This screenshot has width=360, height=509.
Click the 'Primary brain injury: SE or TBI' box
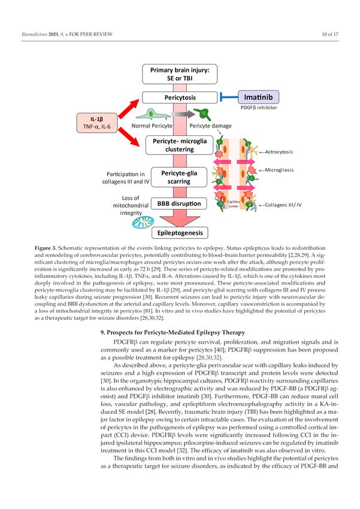coord(180,74)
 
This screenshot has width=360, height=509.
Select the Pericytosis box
coord(180,98)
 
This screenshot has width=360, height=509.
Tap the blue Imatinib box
coord(258,97)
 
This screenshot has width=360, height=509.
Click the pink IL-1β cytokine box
coord(96,123)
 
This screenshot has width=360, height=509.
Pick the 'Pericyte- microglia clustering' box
coord(180,145)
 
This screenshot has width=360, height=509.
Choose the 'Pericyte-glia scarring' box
coord(179,177)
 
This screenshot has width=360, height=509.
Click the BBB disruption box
coord(179,204)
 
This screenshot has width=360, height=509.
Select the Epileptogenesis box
coord(180,233)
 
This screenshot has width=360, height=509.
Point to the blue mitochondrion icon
coord(143,223)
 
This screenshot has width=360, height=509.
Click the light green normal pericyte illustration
coord(153,114)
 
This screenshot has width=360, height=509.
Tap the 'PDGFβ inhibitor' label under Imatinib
coord(259,107)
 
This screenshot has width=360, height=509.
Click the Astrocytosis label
coord(279,152)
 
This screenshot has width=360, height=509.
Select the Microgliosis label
coord(279,170)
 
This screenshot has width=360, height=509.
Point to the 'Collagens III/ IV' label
coord(283,205)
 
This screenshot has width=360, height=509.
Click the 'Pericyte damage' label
coord(210,126)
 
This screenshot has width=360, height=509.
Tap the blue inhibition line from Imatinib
coord(229,97)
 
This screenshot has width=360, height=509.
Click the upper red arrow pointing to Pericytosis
coord(129,108)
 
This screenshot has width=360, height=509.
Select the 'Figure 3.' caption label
coord(46,248)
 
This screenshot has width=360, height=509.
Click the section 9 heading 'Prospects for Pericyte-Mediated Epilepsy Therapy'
coord(173,332)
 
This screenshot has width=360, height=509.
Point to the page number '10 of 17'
coord(330,34)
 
